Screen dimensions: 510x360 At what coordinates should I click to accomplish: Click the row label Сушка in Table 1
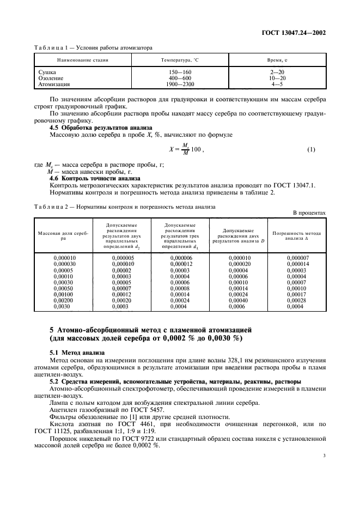(48, 72)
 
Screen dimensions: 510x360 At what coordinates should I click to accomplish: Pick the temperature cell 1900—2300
(180, 84)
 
